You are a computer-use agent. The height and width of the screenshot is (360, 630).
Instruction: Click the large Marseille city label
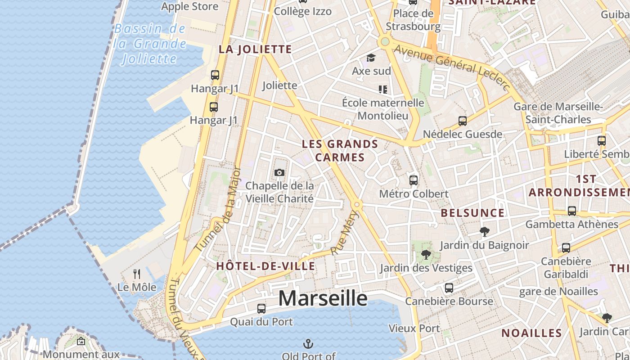coord(323,298)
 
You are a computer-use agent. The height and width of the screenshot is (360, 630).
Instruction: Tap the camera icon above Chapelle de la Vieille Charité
coord(279,172)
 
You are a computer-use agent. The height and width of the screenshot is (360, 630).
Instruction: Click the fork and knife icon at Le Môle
coord(137,274)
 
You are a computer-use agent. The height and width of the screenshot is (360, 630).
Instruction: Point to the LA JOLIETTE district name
coord(255,49)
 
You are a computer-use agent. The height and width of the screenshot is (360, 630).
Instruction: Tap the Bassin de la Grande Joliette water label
coord(149,44)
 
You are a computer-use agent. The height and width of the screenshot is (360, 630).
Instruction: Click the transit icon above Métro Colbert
coord(414,180)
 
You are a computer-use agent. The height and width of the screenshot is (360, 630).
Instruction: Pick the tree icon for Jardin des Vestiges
coord(426,255)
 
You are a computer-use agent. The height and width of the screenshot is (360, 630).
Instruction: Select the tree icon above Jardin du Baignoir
coord(485,232)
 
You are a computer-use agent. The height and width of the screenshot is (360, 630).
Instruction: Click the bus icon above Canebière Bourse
coord(449,288)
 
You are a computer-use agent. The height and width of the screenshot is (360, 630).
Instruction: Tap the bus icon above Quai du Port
coord(261,309)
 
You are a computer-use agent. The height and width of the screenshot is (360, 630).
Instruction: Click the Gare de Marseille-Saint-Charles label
coord(558,113)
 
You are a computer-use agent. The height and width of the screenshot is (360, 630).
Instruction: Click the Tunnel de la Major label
coord(219,210)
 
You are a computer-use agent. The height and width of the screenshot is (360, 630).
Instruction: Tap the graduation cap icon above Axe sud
coord(371,58)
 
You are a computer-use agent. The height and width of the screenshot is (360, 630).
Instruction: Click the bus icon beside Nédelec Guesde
coord(462,121)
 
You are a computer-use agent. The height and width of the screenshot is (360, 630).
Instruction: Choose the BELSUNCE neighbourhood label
coord(472,213)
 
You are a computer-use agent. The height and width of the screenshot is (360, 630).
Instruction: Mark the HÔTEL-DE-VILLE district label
coord(265,266)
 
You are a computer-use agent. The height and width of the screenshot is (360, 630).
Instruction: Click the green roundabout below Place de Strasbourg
coord(384,42)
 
